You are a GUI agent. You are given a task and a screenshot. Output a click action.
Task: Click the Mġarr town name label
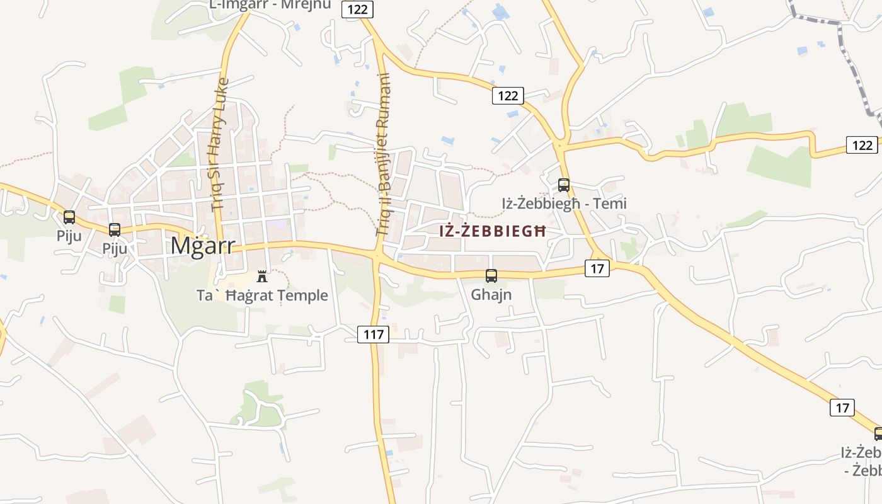coord(202,246)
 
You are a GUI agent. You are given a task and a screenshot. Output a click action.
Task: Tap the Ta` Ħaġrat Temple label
coord(262,295)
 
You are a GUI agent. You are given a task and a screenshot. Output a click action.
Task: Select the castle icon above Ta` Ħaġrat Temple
coord(262,276)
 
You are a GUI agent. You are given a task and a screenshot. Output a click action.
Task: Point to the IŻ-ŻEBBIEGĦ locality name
coord(492,231)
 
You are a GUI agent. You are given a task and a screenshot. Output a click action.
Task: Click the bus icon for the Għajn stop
coord(491,276)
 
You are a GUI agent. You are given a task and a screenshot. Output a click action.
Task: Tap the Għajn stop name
coord(491,294)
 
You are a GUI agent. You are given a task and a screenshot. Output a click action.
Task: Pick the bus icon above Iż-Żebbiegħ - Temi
coord(564,185)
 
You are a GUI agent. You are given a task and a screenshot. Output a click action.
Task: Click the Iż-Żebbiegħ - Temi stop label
coord(564,204)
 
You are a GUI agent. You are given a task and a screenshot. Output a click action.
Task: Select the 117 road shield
coord(374,335)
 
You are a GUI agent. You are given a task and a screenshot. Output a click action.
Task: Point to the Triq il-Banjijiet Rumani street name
coord(383,154)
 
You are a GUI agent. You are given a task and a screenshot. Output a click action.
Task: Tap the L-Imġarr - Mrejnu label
coord(270,5)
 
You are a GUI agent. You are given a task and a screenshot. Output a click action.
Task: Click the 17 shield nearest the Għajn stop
coord(597,268)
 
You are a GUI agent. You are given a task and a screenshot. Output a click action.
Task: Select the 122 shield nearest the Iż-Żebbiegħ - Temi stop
coord(507,96)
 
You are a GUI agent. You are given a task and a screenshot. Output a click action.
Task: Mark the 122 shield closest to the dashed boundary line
coord(861,145)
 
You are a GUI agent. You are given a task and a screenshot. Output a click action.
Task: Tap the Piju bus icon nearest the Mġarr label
coord(115,230)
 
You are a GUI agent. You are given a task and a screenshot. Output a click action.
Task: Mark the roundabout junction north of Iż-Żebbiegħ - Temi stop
coord(560,146)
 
